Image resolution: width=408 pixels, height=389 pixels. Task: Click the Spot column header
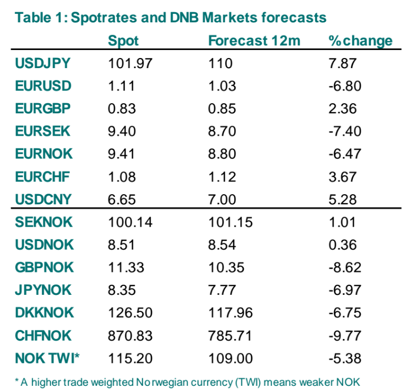(123, 41)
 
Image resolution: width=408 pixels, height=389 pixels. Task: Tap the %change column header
(361, 41)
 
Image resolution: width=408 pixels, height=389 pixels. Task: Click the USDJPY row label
(43, 63)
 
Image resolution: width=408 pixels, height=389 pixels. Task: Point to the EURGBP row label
(44, 109)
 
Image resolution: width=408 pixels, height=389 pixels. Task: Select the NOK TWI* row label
(47, 358)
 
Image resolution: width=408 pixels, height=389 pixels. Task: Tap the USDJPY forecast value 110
(220, 63)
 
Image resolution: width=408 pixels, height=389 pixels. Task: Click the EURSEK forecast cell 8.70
(222, 131)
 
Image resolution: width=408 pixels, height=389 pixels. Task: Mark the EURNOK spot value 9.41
(122, 154)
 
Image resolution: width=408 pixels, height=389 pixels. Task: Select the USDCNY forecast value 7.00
(222, 200)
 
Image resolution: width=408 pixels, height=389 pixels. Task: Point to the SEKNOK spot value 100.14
(130, 222)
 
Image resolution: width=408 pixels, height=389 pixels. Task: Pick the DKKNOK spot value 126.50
(130, 313)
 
